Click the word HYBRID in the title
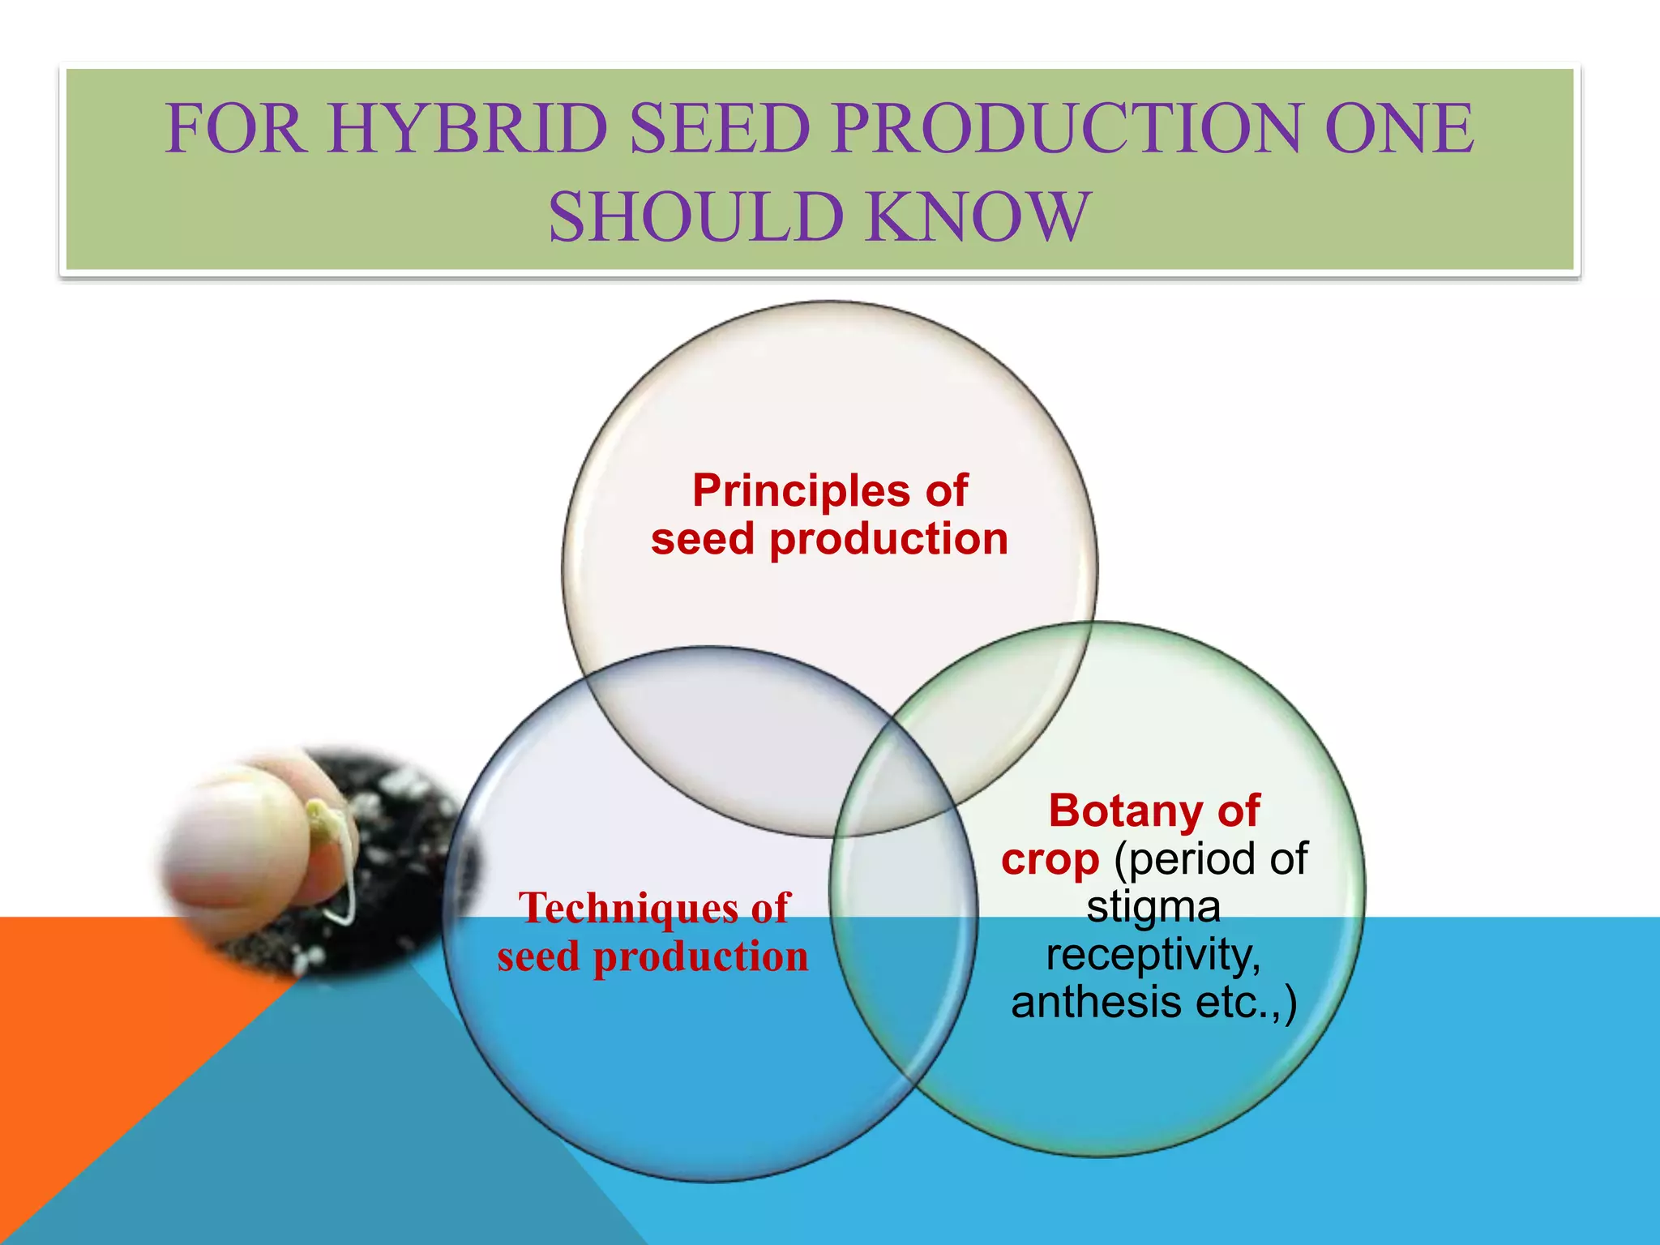point(468,129)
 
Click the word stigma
point(1153,907)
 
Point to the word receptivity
point(1153,955)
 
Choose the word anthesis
point(1095,1003)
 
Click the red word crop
point(1050,859)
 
